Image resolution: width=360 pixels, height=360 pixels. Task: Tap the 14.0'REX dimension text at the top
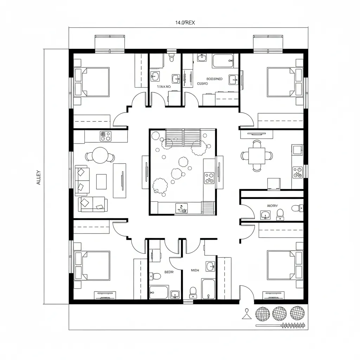[185, 22]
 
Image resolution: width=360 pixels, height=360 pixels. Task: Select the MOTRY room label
[272, 206]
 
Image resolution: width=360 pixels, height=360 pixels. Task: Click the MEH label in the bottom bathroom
[194, 270]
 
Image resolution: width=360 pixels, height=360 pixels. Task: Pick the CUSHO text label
[202, 84]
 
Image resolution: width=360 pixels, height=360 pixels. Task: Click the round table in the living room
[100, 155]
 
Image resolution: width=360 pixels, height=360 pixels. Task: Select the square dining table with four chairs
[257, 156]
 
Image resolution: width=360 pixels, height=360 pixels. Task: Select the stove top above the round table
[105, 136]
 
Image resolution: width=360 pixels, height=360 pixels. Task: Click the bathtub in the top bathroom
[223, 61]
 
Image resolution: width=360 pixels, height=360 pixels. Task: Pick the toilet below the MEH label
[193, 291]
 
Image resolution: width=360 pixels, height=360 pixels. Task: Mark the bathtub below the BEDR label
[159, 292]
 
